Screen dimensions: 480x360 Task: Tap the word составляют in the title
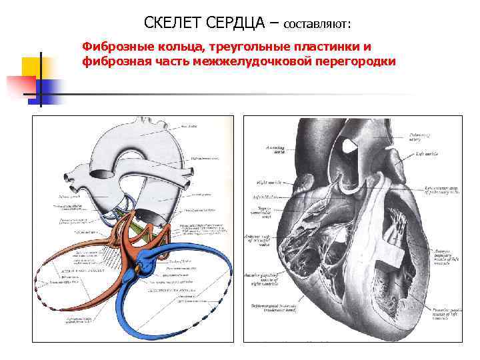317,25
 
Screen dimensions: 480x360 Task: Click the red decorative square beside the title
20,85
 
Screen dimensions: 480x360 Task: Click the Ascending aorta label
275,150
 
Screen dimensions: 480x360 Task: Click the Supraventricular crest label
270,211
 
